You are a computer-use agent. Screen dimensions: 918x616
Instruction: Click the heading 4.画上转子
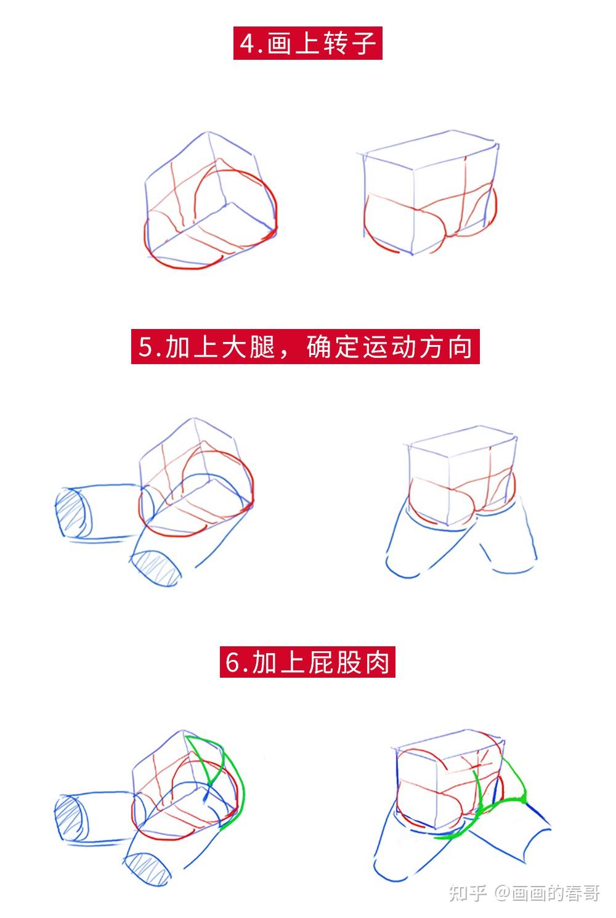307,44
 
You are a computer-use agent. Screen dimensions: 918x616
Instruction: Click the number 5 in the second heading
145,347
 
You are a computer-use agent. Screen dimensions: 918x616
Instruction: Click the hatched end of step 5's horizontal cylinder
73,513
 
